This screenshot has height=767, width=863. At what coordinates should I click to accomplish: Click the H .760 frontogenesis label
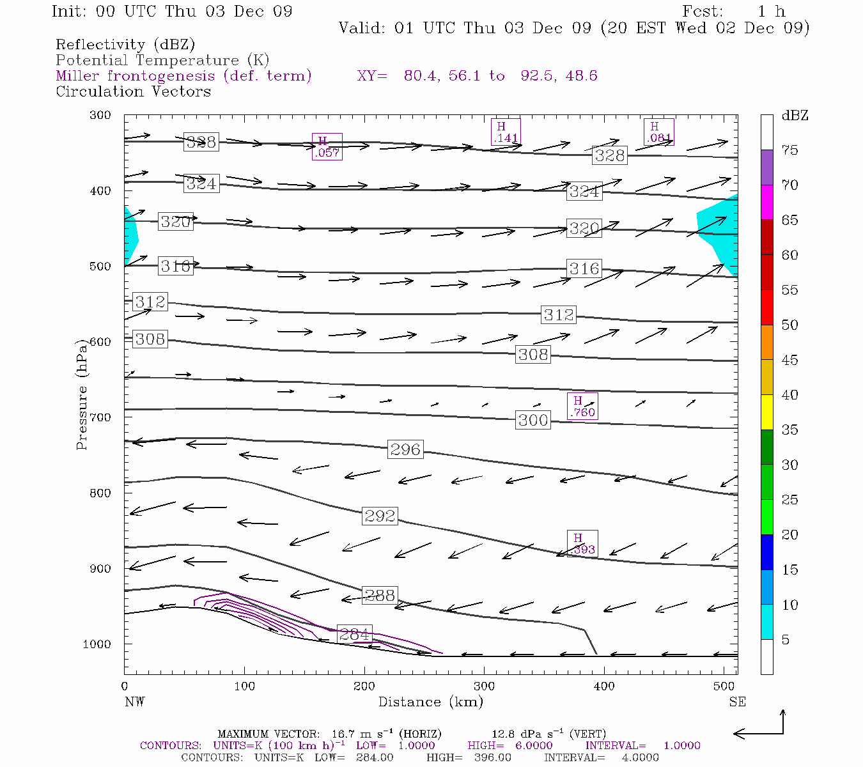[582, 407]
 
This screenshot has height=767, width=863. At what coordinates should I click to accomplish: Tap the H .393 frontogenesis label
[582, 543]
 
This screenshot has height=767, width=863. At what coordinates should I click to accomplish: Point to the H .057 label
[327, 147]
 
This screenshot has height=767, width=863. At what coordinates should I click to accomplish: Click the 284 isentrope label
[354, 634]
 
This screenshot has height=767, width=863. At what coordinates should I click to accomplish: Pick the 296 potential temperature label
[405, 449]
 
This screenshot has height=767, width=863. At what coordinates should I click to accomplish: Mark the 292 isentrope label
[380, 516]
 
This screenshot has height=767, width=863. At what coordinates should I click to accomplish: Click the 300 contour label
[533, 420]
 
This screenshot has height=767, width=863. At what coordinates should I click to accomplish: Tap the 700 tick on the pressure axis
[100, 417]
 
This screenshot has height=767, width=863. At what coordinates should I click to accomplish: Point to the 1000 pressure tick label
[97, 644]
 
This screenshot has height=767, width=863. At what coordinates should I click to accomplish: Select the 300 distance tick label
[484, 686]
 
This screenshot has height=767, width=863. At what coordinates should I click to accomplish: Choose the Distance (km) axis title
[430, 702]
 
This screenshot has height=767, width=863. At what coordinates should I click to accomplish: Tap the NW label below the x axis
[134, 702]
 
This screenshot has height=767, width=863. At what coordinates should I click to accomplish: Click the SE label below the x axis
[737, 702]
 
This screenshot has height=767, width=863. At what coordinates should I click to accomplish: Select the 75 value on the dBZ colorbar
[789, 150]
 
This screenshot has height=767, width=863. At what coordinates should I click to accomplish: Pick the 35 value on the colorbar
[789, 430]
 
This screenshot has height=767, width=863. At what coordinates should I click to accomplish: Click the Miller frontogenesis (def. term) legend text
[183, 76]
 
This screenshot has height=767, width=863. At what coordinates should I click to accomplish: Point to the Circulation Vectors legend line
[133, 91]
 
